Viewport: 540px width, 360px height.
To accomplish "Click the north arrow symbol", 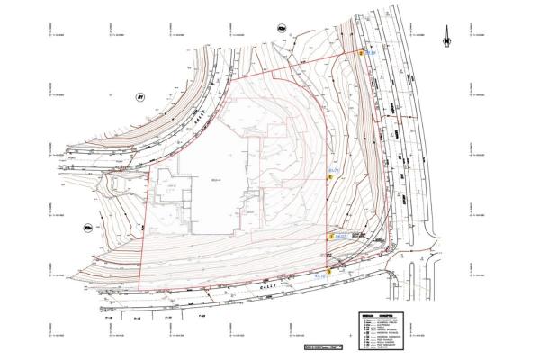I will point(445,38).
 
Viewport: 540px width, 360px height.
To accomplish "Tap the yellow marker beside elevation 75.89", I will point(362,54).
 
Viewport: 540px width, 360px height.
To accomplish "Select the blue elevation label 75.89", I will point(371,53).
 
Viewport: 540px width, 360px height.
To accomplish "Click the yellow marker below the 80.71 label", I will point(330,177).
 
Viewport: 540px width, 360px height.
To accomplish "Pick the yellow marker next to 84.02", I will point(331,237).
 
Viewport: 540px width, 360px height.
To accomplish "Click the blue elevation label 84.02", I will point(342,236).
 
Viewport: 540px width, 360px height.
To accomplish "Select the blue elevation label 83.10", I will point(321,276).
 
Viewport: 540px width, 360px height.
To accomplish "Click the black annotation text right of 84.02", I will point(358,236).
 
